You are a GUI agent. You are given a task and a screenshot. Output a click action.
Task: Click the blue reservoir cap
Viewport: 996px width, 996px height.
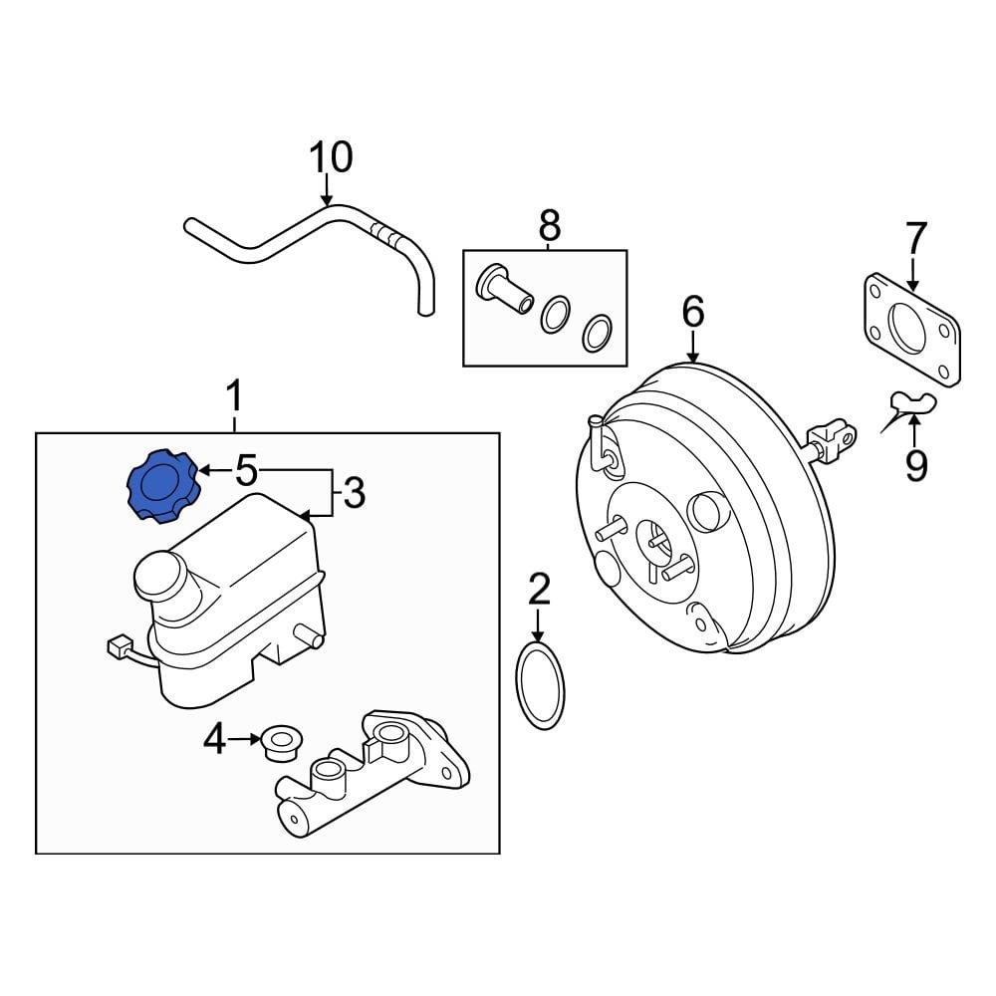pyautogui.click(x=159, y=486)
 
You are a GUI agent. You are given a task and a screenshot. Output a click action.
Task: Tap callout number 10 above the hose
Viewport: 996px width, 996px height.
pyautogui.click(x=330, y=157)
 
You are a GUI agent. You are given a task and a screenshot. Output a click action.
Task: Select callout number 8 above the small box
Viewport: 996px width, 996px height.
pyautogui.click(x=549, y=227)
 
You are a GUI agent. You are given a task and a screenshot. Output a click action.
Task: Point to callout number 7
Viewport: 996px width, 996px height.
pyautogui.click(x=914, y=239)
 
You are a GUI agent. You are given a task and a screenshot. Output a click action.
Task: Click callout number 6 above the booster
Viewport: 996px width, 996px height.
pyautogui.click(x=693, y=312)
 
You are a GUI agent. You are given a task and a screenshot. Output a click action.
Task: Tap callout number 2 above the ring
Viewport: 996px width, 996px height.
pyautogui.click(x=538, y=590)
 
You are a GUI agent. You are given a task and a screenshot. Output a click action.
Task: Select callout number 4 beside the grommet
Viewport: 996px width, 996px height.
pyautogui.click(x=215, y=739)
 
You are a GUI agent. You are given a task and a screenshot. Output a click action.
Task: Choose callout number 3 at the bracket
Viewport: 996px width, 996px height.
pyautogui.click(x=354, y=491)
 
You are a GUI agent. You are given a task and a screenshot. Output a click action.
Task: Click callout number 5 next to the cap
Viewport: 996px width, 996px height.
pyautogui.click(x=246, y=469)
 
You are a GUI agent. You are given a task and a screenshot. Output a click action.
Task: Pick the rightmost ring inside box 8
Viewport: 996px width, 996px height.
pyautogui.click(x=598, y=332)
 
